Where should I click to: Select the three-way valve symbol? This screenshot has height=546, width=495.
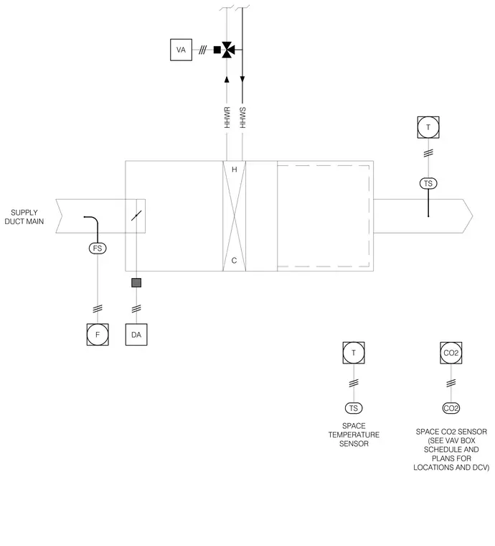click(x=228, y=50)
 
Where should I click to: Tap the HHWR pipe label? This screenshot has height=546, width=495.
click(x=227, y=117)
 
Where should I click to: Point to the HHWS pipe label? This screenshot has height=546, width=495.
click(x=242, y=117)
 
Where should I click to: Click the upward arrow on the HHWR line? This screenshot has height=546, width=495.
click(x=227, y=80)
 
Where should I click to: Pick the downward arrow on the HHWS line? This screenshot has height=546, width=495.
click(x=242, y=80)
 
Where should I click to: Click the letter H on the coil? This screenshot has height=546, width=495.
click(x=235, y=170)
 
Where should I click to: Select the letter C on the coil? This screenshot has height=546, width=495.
click(x=234, y=261)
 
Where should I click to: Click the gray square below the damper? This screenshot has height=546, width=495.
click(x=136, y=282)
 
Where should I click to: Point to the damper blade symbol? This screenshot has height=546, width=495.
click(x=136, y=216)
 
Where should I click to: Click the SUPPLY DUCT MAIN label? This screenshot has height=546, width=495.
click(x=24, y=217)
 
